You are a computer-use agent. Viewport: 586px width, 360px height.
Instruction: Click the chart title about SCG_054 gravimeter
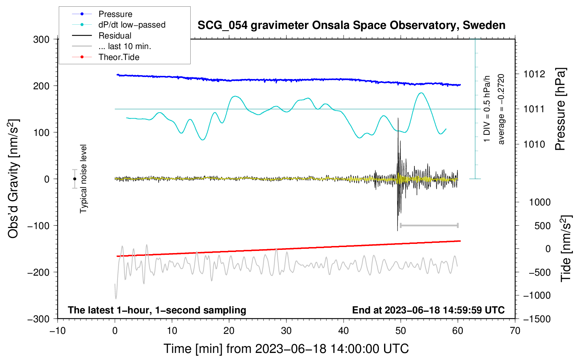tap(351, 25)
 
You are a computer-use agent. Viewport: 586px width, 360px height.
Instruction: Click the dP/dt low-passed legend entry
tap(132, 25)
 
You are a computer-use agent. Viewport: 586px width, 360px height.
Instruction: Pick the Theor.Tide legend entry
tap(119, 57)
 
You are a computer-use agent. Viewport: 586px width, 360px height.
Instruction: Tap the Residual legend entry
tap(115, 36)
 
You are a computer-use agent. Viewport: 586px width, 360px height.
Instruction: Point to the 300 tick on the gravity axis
tap(41, 40)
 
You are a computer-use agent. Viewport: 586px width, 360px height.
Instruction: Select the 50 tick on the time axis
tap(401, 331)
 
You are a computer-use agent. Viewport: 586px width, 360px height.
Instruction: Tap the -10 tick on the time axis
tap(58, 331)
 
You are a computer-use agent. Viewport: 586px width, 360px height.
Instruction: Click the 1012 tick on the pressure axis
tap(534, 74)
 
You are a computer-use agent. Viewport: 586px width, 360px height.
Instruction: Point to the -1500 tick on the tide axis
tap(537, 319)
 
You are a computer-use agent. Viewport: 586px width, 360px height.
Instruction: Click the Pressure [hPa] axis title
tap(560, 109)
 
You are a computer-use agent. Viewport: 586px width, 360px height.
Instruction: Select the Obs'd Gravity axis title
tap(13, 179)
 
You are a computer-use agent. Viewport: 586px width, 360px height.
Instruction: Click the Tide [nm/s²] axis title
tap(566, 248)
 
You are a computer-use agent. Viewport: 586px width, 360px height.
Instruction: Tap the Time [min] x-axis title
tap(286, 349)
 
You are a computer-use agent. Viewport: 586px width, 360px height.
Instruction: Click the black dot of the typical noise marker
tap(74, 179)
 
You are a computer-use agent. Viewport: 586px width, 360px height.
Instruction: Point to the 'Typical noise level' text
tap(83, 179)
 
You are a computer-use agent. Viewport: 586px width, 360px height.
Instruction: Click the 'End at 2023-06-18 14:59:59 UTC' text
tap(428, 310)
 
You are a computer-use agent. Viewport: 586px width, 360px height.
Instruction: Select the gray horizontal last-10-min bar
tap(429, 225)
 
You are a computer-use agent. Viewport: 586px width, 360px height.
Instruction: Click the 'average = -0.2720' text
tap(501, 109)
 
